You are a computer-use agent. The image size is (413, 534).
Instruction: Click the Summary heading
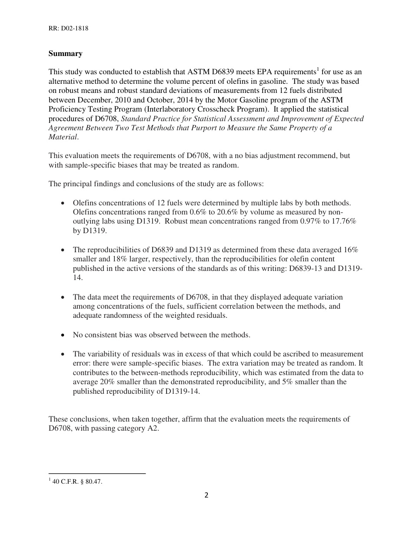click(65, 54)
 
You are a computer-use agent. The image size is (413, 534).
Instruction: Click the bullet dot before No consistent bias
click(64, 336)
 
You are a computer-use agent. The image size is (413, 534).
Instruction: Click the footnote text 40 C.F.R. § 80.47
click(77, 481)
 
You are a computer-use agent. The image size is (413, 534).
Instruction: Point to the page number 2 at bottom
click(206, 495)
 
